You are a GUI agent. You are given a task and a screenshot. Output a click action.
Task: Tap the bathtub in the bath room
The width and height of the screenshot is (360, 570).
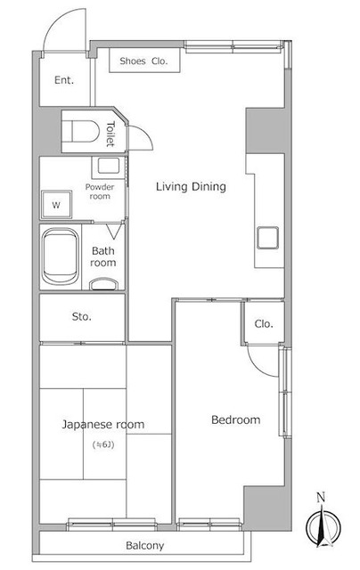60,256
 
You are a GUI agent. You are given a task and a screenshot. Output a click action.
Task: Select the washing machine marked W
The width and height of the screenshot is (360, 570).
56,205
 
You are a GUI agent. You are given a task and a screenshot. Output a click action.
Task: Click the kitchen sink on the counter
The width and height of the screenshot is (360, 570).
267,238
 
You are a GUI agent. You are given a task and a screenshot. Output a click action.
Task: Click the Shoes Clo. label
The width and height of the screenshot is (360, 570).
143,61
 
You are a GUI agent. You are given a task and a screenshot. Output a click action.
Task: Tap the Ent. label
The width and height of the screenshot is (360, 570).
64,80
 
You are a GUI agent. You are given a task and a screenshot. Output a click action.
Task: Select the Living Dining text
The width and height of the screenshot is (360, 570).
191,187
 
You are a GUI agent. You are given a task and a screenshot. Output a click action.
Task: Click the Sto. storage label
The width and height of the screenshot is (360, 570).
81,317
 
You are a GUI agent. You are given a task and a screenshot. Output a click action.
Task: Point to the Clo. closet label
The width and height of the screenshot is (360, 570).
264,323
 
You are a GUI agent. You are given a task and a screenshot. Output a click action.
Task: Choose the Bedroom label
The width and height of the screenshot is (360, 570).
235,419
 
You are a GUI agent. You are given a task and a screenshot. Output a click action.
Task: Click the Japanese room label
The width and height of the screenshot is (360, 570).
102,425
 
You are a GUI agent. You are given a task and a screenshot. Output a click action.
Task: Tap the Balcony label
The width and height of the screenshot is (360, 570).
144,546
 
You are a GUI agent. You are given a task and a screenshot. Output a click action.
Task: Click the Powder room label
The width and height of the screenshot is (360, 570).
100,191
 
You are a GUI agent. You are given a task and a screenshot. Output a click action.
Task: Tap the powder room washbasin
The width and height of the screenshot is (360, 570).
109,167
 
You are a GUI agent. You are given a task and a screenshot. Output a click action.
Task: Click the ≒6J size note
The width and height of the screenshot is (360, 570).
103,444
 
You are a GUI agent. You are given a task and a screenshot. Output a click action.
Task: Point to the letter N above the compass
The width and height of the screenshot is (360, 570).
321,497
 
